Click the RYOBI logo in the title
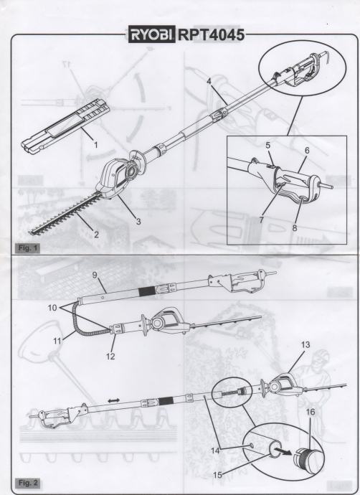click(151, 34)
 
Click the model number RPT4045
click(211, 34)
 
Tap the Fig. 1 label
click(27, 247)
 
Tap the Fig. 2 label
click(27, 483)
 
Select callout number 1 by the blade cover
click(96, 145)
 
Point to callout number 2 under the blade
click(96, 235)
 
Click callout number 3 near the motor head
click(138, 221)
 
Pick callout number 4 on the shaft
click(209, 81)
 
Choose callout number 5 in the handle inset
click(268, 146)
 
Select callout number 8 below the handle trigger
click(294, 227)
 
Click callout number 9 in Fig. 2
click(95, 275)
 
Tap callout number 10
click(52, 308)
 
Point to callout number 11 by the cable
click(57, 341)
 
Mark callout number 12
click(110, 357)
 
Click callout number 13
click(305, 345)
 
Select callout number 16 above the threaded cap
click(311, 412)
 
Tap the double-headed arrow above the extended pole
click(114, 400)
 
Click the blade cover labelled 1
click(66, 123)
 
